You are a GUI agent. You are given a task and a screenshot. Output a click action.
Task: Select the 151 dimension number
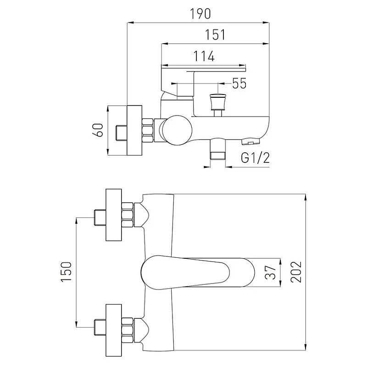[214, 35]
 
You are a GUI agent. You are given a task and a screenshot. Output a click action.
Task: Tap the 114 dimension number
[204, 56]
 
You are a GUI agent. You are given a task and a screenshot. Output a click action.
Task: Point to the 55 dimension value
[239, 83]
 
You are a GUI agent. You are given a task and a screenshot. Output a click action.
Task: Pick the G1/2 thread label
[255, 158]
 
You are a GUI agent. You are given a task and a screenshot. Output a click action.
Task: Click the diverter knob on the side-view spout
[217, 102]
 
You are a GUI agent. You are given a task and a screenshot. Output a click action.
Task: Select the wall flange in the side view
[135, 131]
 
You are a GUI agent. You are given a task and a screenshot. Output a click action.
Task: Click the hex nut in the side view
[148, 130]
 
